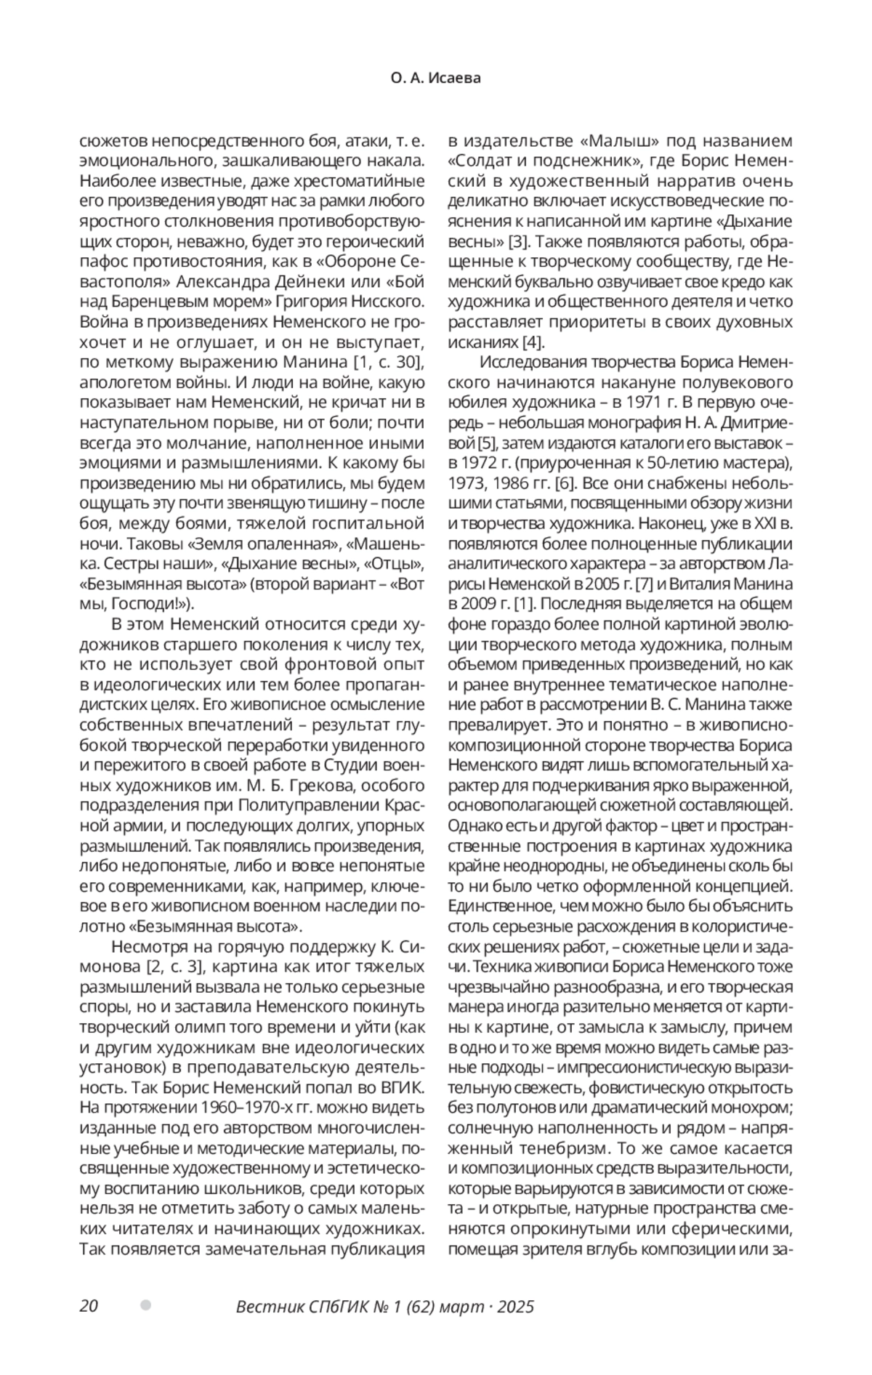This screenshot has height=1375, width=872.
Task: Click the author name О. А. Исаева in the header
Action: coord(435,78)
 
